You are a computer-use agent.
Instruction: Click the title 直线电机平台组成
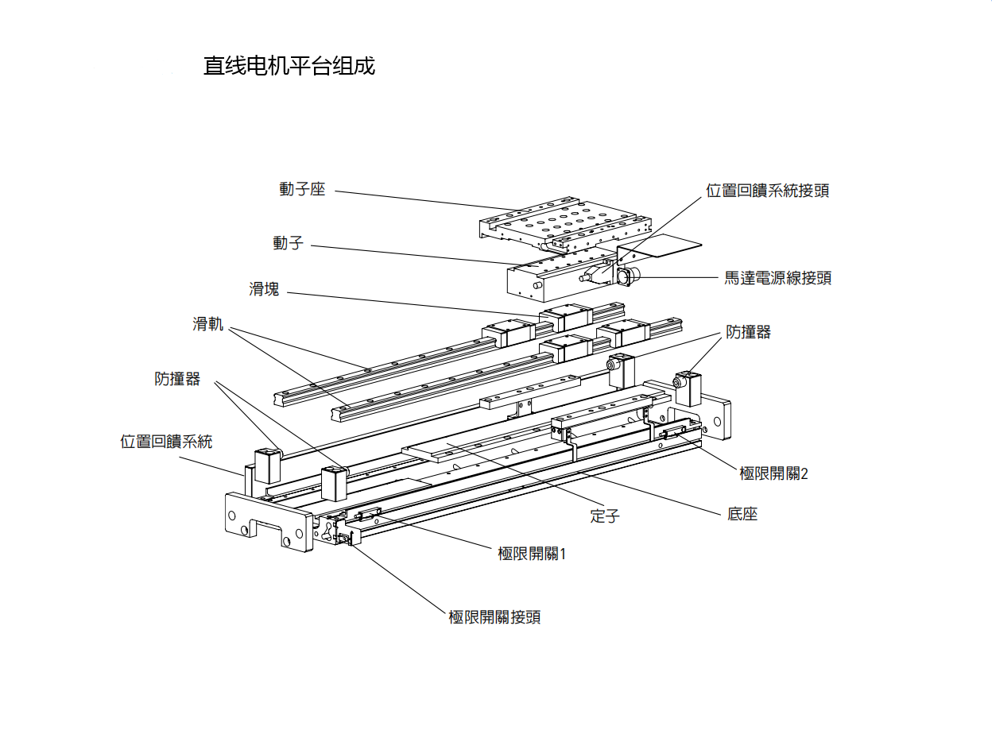point(289,66)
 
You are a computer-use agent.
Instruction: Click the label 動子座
point(302,190)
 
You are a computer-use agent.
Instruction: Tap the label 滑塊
point(264,289)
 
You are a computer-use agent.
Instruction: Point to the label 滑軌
point(208,324)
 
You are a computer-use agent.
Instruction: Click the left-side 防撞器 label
point(177,379)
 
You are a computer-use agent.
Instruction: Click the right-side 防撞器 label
point(748,332)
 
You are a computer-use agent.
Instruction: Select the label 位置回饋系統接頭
point(767,191)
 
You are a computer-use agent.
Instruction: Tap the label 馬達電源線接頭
point(777,278)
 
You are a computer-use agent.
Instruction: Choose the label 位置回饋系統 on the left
point(166,442)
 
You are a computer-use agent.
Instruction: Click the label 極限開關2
point(773,473)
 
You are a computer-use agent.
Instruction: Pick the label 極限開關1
point(532,554)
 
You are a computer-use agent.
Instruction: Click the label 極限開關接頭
point(494,617)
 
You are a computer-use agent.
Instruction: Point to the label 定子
point(605,516)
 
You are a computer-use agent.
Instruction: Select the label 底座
point(742,514)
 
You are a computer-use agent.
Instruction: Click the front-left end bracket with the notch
point(268,520)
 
